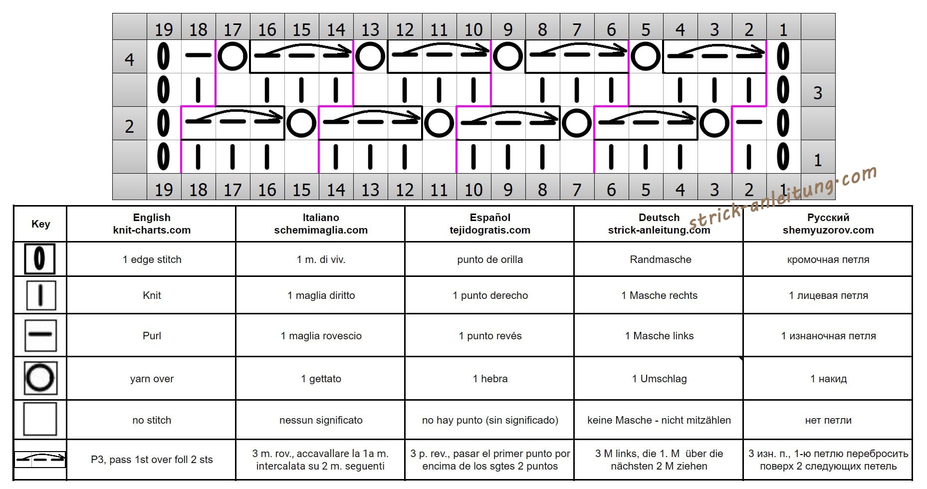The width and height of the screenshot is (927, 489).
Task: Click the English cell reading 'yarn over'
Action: (152, 379)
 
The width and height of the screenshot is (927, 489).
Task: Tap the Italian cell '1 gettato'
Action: (321, 379)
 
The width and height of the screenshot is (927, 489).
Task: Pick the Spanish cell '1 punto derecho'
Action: (490, 295)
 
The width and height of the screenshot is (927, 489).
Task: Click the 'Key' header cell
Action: (40, 224)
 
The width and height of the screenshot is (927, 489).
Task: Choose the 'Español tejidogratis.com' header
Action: (490, 224)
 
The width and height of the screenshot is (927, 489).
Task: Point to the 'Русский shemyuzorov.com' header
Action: (828, 224)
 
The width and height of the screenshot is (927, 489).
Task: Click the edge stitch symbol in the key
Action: (39, 259)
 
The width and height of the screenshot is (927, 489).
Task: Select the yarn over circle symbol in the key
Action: (40, 378)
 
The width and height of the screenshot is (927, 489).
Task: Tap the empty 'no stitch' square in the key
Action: (40, 419)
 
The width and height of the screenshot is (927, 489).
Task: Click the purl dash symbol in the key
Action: (40, 335)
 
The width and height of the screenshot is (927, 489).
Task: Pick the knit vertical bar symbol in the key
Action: (40, 295)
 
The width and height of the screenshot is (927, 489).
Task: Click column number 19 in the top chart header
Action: (164, 30)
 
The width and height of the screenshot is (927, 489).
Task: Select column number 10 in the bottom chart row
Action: (473, 190)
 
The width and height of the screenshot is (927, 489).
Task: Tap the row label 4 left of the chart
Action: (129, 60)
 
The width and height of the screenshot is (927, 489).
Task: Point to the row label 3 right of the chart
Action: (818, 93)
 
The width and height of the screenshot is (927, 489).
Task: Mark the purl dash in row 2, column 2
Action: (749, 122)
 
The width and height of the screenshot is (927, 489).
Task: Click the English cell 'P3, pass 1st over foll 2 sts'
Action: (152, 460)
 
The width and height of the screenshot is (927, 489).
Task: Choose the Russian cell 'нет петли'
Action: (828, 420)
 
